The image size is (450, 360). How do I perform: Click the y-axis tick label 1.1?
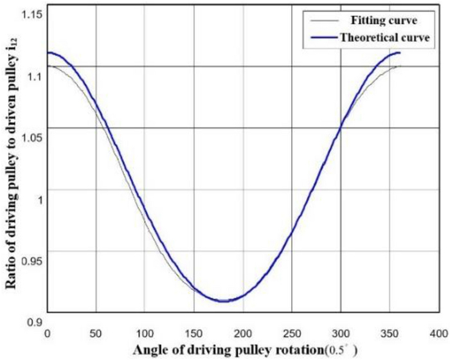point(33,76)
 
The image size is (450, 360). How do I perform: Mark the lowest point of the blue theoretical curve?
point(223,300)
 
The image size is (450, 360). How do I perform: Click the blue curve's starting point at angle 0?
point(48,53)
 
